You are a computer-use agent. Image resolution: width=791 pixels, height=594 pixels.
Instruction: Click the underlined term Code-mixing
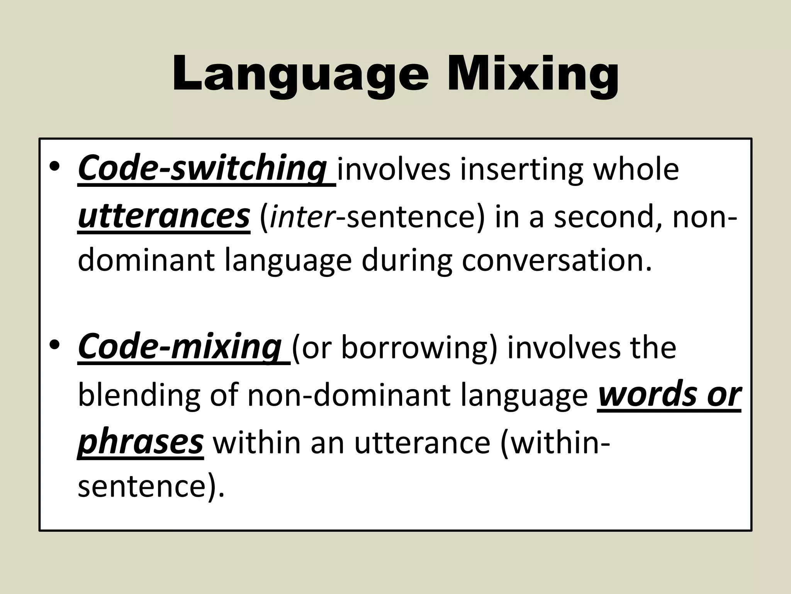(x=180, y=346)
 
